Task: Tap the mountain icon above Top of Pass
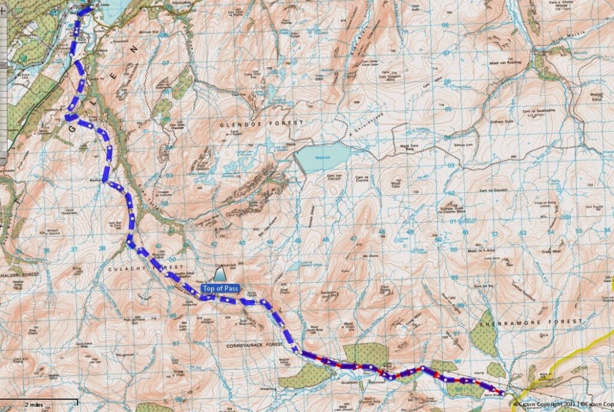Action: click(220, 275)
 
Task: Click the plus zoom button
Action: click(3, 8)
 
